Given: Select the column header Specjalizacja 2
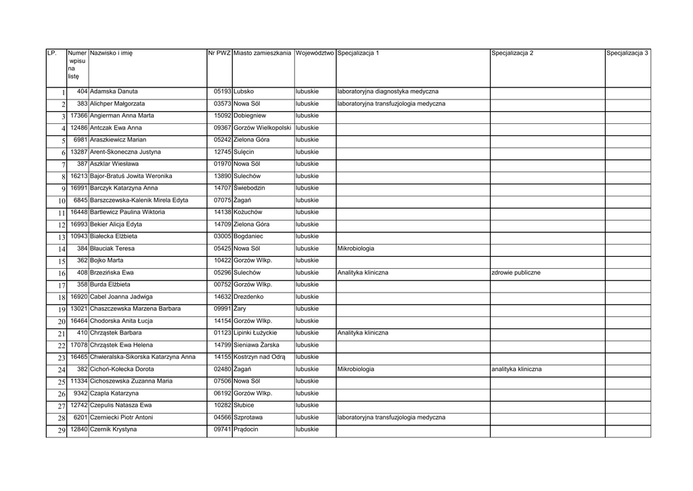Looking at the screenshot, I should pyautogui.click(x=512, y=53).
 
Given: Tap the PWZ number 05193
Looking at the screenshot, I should pyautogui.click(x=222, y=91).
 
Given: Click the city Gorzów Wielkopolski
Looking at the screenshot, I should pyautogui.click(x=262, y=127).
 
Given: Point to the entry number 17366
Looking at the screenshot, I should pyautogui.click(x=79, y=116).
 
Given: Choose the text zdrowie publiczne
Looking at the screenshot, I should pyautogui.click(x=516, y=273).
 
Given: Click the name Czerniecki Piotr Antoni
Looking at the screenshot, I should pyautogui.click(x=121, y=418).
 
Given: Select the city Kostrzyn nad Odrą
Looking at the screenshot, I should pyautogui.click(x=259, y=357).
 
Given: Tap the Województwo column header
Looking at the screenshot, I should pyautogui.click(x=315, y=53).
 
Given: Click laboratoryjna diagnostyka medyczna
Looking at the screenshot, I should pyautogui.click(x=387, y=91).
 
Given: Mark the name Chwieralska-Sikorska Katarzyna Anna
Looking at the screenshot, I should pyautogui.click(x=143, y=357).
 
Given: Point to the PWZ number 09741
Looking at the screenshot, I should pyautogui.click(x=222, y=430).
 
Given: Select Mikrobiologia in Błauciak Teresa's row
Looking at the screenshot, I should pyautogui.click(x=355, y=249).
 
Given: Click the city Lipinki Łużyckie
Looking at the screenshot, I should pyautogui.click(x=255, y=333).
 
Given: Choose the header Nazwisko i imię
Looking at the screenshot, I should pyautogui.click(x=111, y=53).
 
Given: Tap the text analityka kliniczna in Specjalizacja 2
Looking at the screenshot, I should pyautogui.click(x=516, y=370).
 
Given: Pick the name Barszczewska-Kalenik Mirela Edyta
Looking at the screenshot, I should pyautogui.click(x=139, y=200).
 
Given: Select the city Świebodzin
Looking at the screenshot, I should pyautogui.click(x=249, y=188).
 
